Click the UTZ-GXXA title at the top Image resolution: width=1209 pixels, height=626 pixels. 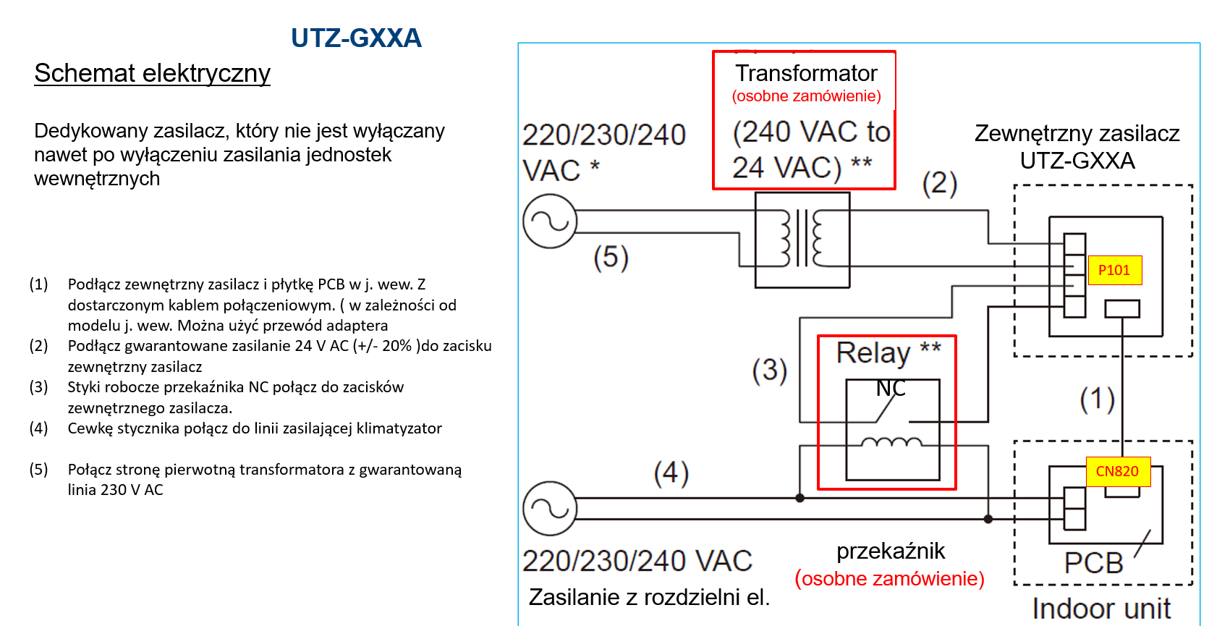356,38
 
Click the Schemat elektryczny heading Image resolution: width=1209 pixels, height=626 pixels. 152,73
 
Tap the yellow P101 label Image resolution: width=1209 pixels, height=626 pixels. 1114,270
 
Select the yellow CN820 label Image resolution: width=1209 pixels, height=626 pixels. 1118,471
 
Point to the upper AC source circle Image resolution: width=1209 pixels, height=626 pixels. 550,221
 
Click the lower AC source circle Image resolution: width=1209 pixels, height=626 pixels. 550,508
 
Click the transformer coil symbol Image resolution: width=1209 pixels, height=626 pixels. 802,240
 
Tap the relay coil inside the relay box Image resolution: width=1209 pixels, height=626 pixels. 891,442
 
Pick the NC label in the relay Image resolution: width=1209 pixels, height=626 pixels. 890,388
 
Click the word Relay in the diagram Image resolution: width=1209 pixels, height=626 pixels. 873,353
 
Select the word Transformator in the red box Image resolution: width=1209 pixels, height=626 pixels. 806,73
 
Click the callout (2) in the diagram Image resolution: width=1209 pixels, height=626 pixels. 940,184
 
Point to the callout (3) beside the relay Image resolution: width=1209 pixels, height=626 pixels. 770,371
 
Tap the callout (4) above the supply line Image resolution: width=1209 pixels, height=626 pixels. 671,473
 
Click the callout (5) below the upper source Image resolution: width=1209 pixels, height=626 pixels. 611,257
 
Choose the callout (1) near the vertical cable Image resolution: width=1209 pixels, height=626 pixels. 1098,400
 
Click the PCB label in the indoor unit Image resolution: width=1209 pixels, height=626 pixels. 1093,563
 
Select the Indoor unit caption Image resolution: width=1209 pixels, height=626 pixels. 1101,609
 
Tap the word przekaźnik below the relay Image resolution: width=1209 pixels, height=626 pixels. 891,551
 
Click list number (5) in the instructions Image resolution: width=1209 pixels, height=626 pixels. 38,470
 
